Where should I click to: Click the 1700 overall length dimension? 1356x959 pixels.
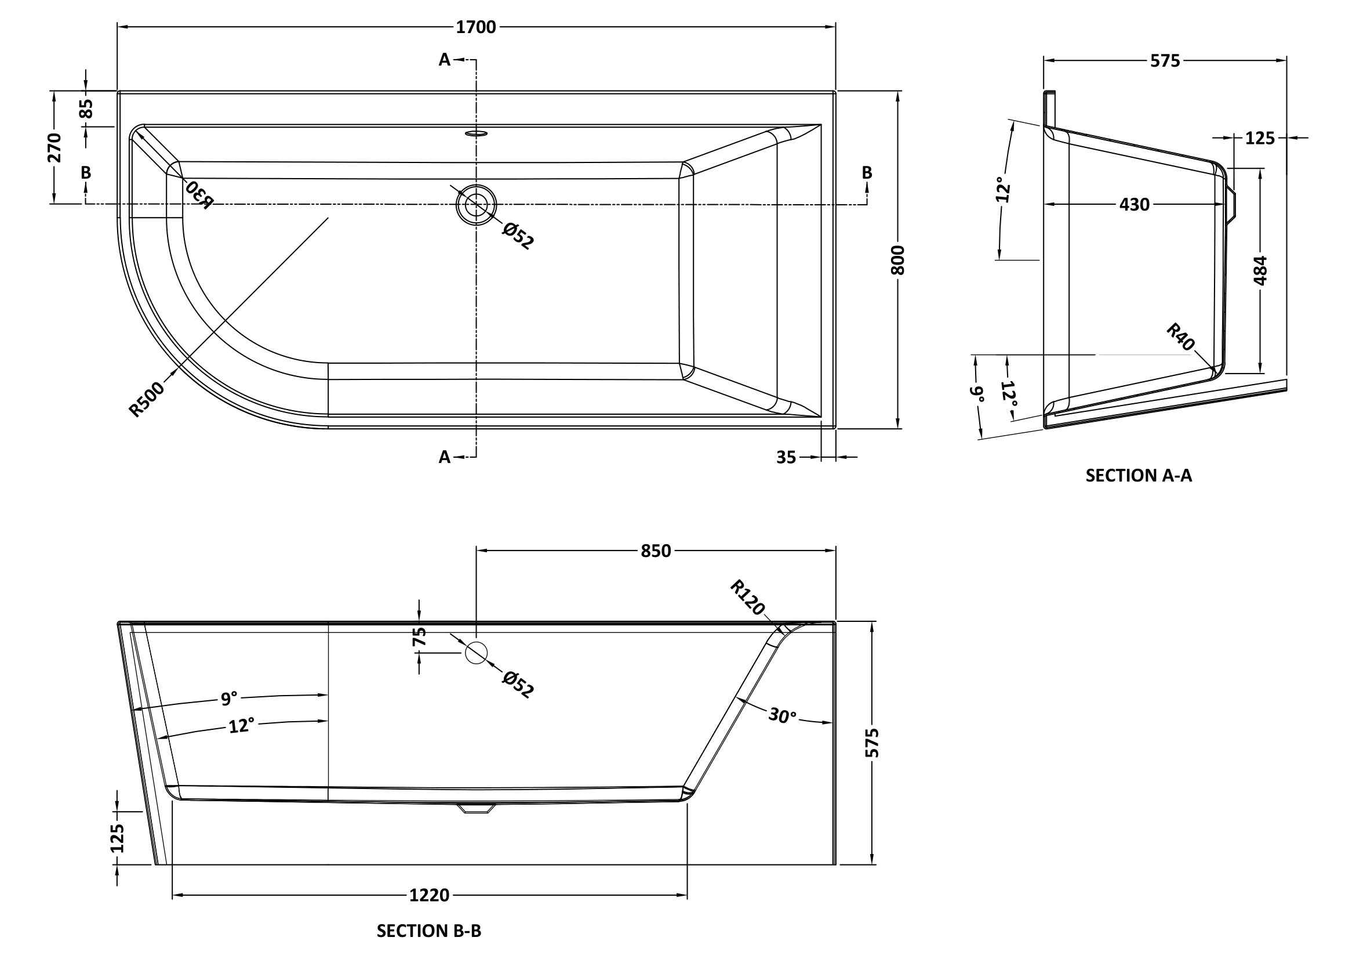[x=476, y=27]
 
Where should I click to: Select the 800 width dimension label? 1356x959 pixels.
[x=897, y=260]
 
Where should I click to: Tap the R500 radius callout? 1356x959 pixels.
[x=146, y=399]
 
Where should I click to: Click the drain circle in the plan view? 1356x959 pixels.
[x=476, y=205]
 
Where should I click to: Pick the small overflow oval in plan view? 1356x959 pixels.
[x=476, y=133]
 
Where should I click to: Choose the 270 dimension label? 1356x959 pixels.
[x=54, y=148]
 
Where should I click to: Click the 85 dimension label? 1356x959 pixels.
[x=86, y=108]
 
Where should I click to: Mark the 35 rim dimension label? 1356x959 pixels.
[x=786, y=457]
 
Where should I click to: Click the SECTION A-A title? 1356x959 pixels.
[x=1139, y=476]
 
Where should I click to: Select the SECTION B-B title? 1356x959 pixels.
[x=429, y=931]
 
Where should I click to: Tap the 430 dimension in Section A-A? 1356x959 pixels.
[x=1135, y=205]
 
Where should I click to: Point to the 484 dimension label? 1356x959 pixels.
[x=1260, y=270]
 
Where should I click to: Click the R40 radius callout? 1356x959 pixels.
[x=1180, y=337]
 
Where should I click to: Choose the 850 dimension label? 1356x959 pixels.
[x=656, y=551]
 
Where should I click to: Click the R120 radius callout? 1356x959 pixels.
[x=747, y=598]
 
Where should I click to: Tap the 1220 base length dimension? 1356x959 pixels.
[x=430, y=896]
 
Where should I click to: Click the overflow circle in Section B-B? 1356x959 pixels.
[x=476, y=652]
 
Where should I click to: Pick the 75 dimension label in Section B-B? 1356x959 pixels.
[x=419, y=636]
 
